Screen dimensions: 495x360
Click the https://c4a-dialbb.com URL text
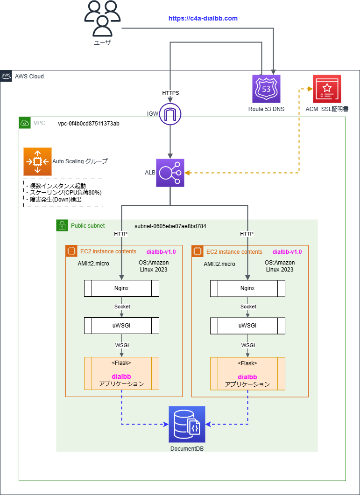tap(203, 18)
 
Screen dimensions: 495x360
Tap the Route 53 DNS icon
tap(266, 89)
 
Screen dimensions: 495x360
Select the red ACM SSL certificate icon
tap(327, 89)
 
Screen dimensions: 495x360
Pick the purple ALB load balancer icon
tap(170, 173)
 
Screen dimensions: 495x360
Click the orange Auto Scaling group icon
tap(37, 162)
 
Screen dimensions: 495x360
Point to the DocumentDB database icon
tap(187, 424)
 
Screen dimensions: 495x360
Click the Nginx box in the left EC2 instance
tap(121, 288)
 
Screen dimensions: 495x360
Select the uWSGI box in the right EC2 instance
tap(247, 325)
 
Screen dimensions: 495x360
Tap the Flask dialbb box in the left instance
tap(121, 373)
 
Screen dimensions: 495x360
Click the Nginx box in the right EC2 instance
tap(247, 288)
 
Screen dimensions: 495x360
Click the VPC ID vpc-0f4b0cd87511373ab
tap(88, 124)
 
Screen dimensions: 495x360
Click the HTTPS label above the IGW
tap(170, 93)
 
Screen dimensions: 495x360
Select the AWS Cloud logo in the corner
tap(6, 76)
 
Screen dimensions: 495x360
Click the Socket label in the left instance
tap(122, 307)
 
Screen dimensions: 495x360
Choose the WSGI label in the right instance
tap(248, 345)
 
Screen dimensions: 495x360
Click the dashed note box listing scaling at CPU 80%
tap(63, 193)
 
